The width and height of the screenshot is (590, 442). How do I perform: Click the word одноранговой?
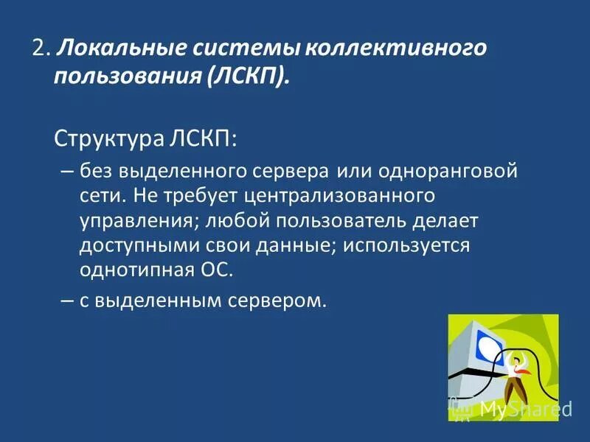coord(448,172)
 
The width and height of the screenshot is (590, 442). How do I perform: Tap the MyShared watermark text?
coord(526,409)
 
